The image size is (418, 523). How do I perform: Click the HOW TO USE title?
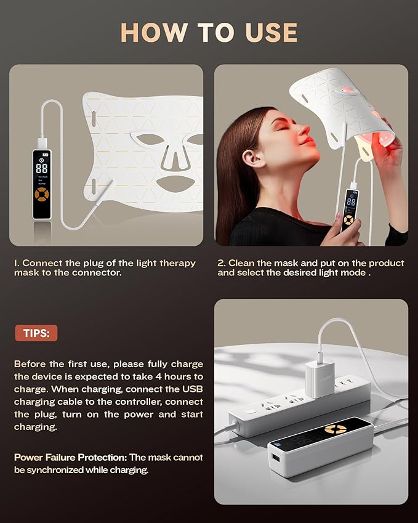coord(209,32)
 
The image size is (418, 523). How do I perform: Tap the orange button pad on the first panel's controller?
coord(42,197)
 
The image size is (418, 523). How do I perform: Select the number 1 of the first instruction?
coord(17,263)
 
